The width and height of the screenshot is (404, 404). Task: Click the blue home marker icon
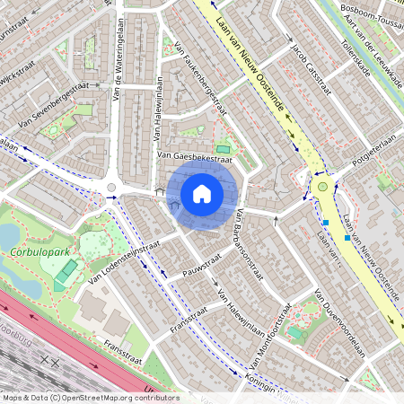[x=202, y=193]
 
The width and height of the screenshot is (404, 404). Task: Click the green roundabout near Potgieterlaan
[x=322, y=187]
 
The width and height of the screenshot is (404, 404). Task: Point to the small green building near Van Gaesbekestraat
[x=223, y=149]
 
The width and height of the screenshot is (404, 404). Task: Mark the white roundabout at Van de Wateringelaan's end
[x=112, y=188]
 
